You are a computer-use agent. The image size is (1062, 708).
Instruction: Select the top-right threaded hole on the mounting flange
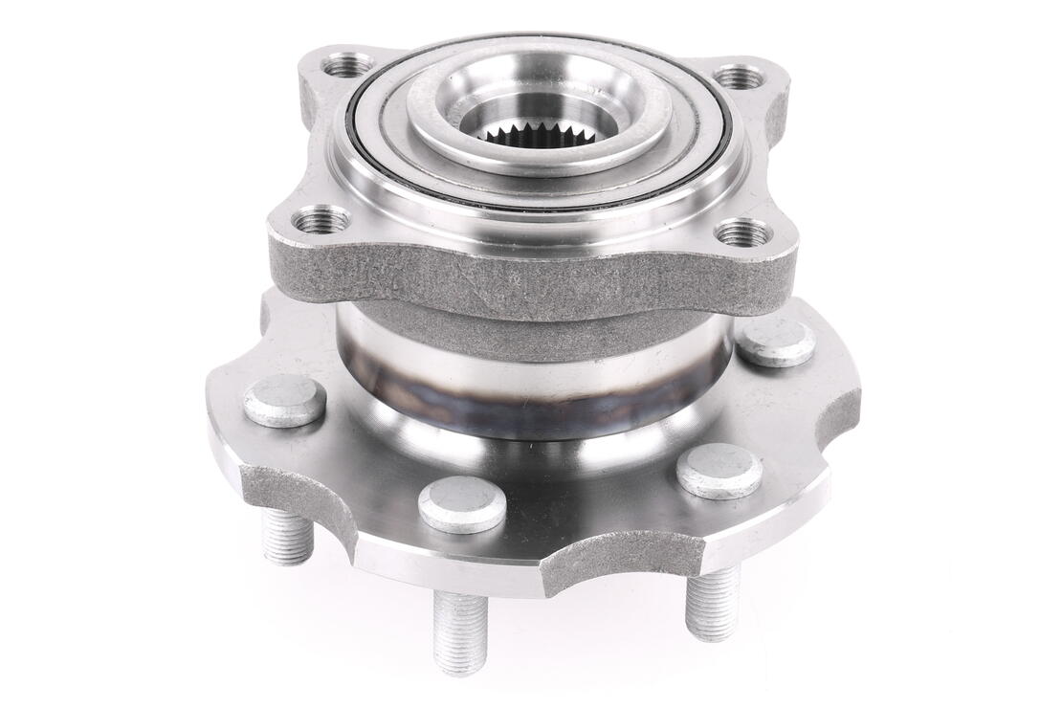(x=740, y=77)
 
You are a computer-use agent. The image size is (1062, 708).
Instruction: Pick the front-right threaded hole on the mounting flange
(x=743, y=232)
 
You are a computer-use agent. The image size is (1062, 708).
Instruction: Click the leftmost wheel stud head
(x=284, y=400)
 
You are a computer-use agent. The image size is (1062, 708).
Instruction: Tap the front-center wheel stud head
(x=462, y=503)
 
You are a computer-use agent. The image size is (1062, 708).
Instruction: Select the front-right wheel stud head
(x=719, y=471)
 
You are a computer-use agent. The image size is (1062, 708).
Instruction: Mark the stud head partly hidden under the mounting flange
(x=775, y=341)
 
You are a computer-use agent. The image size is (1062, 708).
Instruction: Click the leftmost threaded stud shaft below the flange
(x=288, y=536)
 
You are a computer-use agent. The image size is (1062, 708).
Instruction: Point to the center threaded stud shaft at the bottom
(x=460, y=631)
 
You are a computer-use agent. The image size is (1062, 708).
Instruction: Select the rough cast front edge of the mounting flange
(x=536, y=277)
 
